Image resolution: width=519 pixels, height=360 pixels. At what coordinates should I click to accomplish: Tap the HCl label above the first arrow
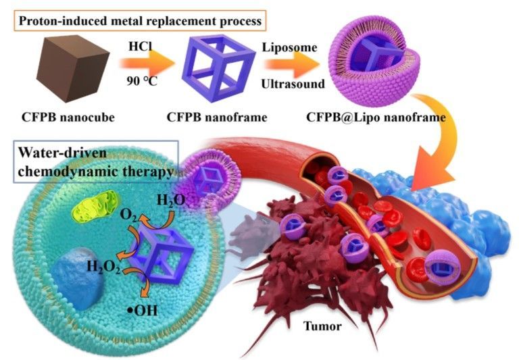click(x=139, y=45)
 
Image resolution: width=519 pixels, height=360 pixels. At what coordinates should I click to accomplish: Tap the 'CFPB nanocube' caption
click(x=68, y=118)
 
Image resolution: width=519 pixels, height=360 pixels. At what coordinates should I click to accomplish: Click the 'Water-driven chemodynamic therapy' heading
click(x=95, y=163)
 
